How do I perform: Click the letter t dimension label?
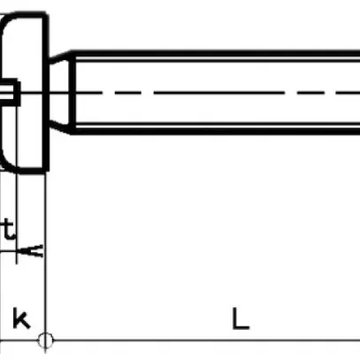(8, 231)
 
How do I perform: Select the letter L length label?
(240, 318)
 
